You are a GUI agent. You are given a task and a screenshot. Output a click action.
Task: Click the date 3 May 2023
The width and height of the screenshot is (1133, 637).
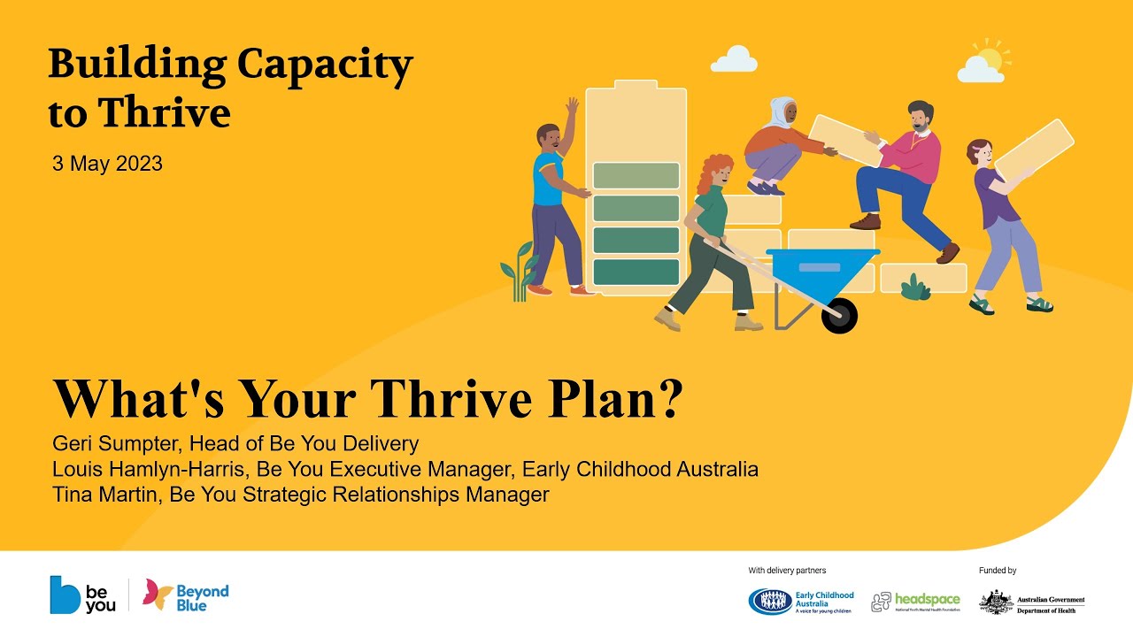(x=107, y=164)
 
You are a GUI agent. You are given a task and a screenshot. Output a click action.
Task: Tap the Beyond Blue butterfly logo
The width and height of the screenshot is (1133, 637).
(x=158, y=595)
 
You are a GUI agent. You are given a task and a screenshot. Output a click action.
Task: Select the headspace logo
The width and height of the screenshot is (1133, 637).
(x=915, y=602)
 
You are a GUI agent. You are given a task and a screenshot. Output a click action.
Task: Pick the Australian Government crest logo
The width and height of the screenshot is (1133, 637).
(x=996, y=602)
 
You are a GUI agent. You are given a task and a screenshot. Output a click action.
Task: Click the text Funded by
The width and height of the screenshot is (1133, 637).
(x=998, y=571)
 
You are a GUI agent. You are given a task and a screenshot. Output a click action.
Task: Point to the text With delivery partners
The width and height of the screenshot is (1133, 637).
(x=787, y=571)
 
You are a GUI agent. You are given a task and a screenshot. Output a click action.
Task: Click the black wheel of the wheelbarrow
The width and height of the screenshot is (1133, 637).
(x=838, y=316)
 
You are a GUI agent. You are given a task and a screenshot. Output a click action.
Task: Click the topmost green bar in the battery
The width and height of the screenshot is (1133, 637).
(x=636, y=175)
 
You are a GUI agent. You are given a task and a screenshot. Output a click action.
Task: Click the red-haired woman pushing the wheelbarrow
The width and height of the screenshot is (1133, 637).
(x=713, y=239)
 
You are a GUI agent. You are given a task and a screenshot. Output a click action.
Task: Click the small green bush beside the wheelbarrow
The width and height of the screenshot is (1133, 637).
(x=915, y=288)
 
